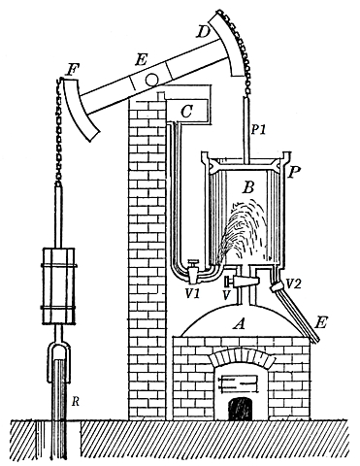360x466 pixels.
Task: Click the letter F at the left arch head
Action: click(x=72, y=71)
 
